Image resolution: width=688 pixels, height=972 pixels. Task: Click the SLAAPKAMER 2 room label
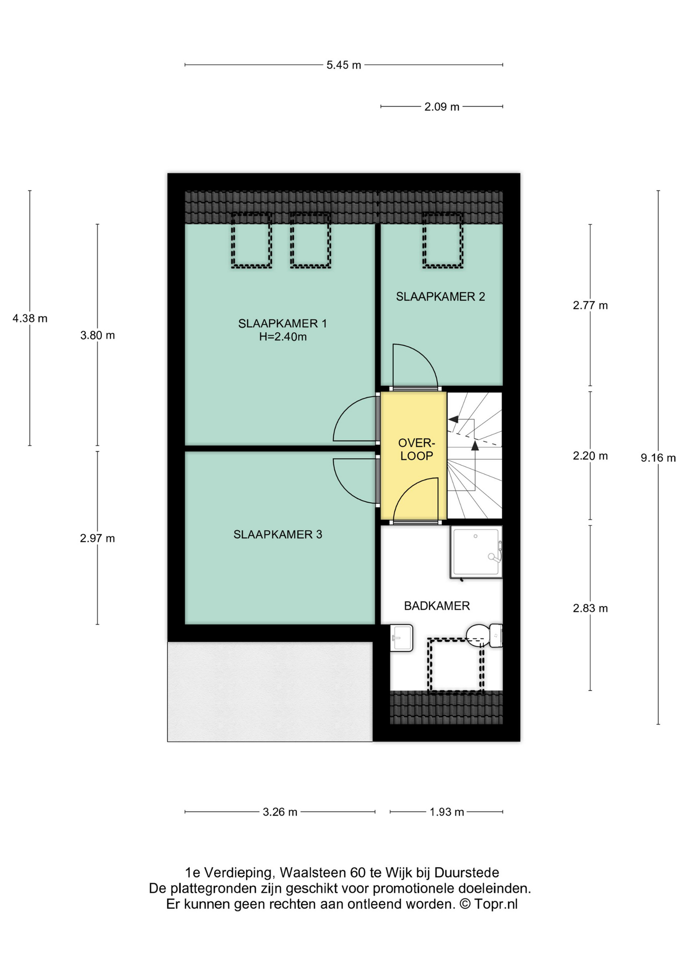(440, 297)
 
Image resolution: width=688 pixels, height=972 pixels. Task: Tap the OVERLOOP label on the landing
(416, 450)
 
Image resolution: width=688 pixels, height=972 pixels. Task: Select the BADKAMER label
(437, 605)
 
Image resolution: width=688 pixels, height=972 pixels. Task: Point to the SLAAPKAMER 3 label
(278, 534)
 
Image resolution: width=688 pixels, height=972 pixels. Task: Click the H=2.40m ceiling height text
(283, 337)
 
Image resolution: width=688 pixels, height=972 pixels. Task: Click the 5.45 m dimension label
(343, 65)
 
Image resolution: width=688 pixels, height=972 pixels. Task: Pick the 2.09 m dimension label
(442, 107)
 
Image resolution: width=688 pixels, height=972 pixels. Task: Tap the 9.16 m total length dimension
(658, 458)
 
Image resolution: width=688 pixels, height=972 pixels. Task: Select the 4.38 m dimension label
(30, 318)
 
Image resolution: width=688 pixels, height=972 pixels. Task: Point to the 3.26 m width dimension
(280, 812)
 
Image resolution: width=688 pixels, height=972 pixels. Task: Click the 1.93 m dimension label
(447, 812)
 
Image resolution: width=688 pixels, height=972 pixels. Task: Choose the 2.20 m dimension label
(590, 456)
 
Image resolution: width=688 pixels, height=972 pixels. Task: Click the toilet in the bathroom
(484, 635)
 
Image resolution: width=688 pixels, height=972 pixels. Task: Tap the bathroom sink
(402, 637)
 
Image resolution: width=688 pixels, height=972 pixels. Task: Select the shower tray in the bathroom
(476, 552)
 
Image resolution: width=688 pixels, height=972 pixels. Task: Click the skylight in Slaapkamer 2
(443, 240)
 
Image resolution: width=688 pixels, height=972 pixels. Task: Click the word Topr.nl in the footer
(496, 905)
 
